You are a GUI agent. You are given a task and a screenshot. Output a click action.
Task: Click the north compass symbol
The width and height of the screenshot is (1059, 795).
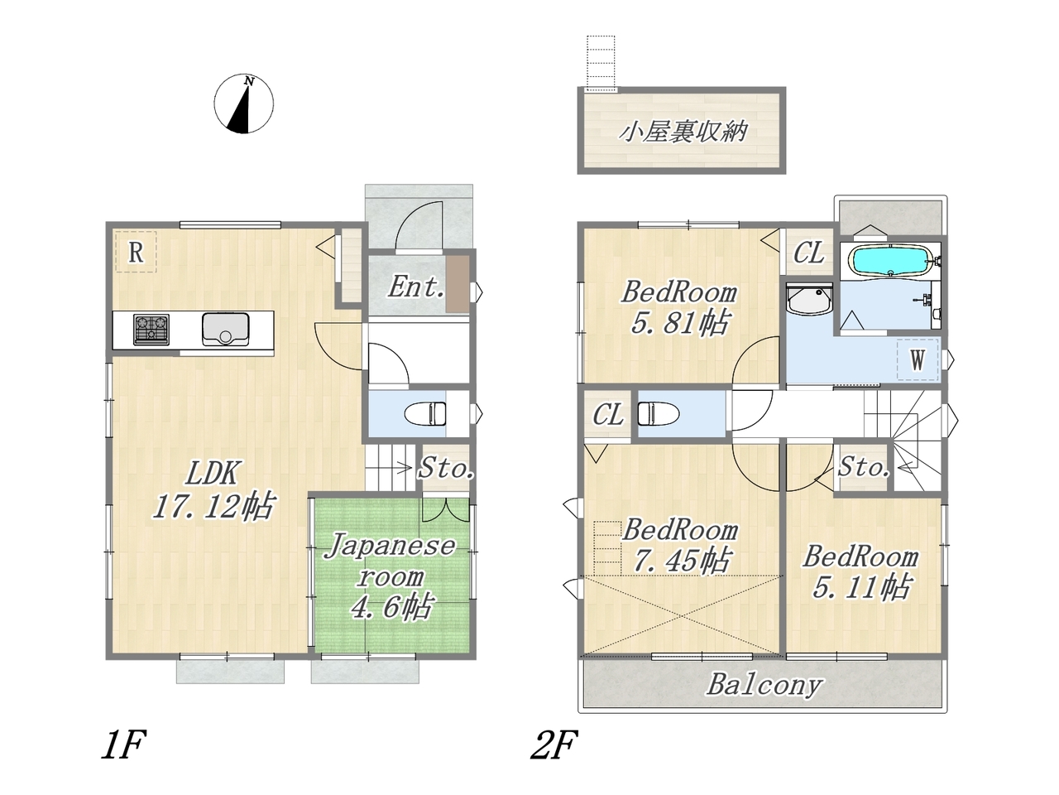coord(243,104)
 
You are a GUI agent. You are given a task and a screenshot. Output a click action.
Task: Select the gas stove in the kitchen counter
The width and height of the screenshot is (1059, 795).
coord(151,330)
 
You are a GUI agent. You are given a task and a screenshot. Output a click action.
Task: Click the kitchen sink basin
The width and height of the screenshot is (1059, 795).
coord(225,330)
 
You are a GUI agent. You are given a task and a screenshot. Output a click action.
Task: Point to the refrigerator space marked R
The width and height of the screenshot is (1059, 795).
coord(136,252)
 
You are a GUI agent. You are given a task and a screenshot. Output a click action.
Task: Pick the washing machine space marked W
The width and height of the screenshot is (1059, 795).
coord(918,359)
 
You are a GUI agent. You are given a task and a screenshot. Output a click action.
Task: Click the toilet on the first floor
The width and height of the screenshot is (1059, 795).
coord(424,414)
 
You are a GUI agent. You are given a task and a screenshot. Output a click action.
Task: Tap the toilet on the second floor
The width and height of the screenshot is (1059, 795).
coord(659,414)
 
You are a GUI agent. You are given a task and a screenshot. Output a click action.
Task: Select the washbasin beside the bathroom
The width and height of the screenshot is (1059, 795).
coord(809,300)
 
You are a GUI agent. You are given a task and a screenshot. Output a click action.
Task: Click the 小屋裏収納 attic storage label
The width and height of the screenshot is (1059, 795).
coord(683,132)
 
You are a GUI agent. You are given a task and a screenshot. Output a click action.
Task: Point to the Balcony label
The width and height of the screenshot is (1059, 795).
coord(764,685)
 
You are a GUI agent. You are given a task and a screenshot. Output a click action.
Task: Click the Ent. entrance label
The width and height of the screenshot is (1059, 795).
coord(416,287)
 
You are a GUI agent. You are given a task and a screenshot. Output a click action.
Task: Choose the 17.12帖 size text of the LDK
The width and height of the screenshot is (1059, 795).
coord(213,506)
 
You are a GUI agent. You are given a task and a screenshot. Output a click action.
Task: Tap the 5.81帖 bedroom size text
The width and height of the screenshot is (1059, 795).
coord(680,323)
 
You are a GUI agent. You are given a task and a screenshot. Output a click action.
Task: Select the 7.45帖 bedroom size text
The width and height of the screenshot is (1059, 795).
coord(681,561)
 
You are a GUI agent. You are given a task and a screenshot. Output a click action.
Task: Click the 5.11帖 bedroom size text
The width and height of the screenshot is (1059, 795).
coord(861,587)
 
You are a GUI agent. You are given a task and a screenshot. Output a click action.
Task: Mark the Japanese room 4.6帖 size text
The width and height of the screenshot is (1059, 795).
coord(391,607)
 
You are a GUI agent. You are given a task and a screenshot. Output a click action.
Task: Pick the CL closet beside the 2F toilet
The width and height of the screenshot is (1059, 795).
coord(608,415)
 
